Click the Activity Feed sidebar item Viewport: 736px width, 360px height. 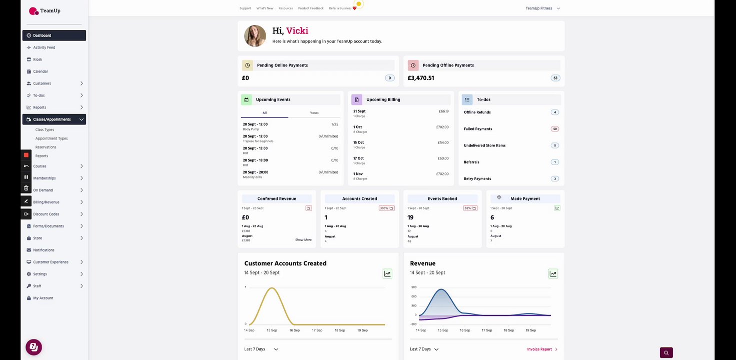[x=44, y=47]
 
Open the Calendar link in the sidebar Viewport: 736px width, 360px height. [x=41, y=71]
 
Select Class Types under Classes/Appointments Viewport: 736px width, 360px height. [x=45, y=130]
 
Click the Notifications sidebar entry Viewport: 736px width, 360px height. [x=44, y=250]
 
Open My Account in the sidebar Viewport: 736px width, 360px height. [x=43, y=298]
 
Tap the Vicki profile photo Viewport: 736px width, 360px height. [x=255, y=36]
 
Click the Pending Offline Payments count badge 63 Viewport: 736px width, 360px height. [x=555, y=78]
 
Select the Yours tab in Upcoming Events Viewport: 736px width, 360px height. [x=314, y=113]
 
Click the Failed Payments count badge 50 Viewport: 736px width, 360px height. [x=554, y=129]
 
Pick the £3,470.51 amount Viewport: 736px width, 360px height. [x=421, y=78]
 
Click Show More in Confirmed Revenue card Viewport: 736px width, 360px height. [x=303, y=240]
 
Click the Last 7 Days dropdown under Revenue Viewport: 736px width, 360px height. [x=424, y=349]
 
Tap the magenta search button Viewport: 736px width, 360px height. [x=666, y=352]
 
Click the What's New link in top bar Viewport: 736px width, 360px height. [x=265, y=8]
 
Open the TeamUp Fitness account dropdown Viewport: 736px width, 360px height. [x=542, y=8]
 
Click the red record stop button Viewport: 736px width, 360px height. [x=26, y=155]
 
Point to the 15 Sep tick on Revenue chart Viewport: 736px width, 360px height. [x=443, y=330]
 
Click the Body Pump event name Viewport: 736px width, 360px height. [x=251, y=129]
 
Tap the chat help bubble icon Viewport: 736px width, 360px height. [x=34, y=347]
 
